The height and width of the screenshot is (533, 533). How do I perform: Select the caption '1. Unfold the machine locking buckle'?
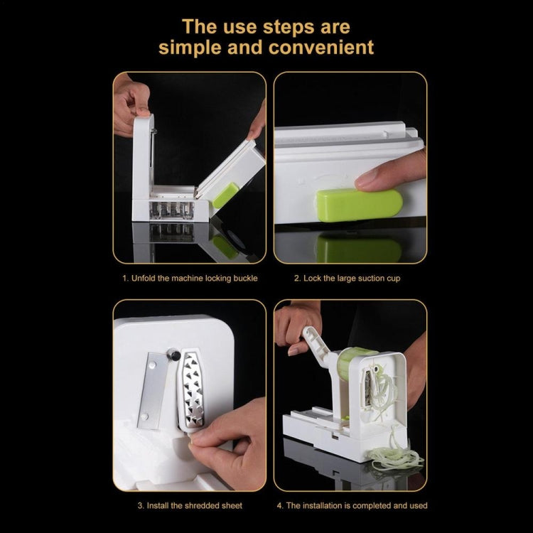point(189,278)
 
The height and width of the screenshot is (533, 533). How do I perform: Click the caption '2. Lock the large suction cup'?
point(347,278)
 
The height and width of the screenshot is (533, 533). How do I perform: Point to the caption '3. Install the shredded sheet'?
point(189,505)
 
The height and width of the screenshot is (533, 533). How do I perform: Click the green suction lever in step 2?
point(359,205)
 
